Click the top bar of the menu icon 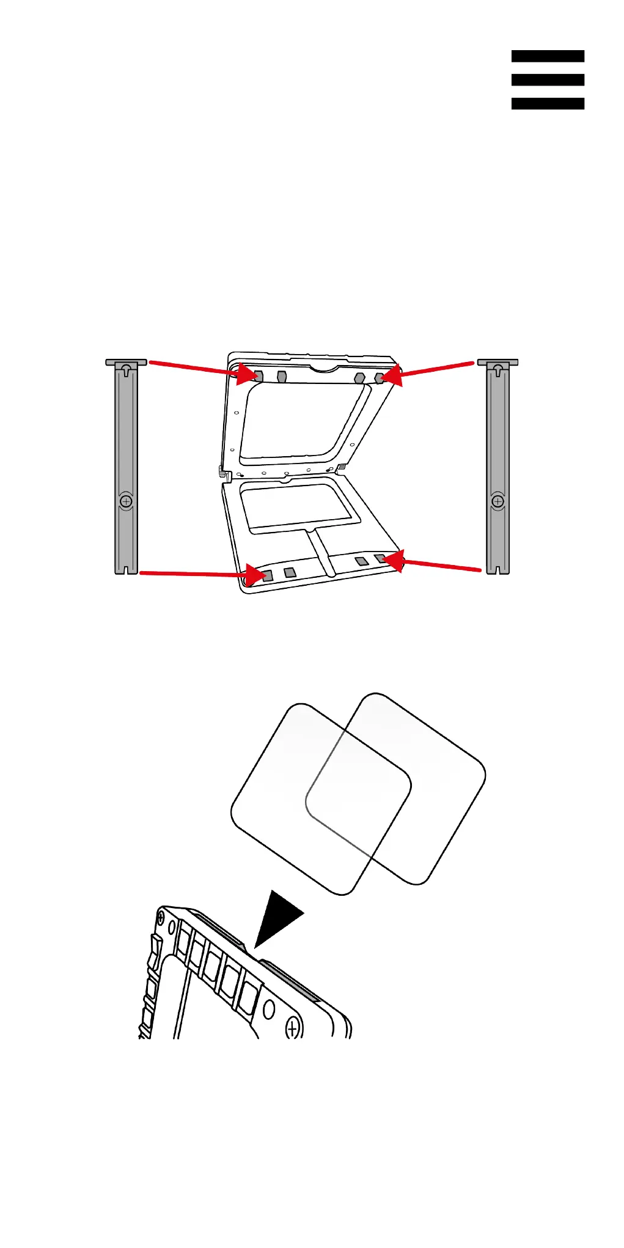[548, 56]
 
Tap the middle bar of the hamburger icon [548, 80]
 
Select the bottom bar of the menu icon [548, 104]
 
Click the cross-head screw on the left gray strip [127, 501]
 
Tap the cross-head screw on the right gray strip [498, 501]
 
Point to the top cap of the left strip [126, 363]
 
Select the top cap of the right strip [497, 363]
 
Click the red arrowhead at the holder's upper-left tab [251, 374]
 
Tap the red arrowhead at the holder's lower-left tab [254, 575]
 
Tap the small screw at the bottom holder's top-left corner [161, 917]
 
